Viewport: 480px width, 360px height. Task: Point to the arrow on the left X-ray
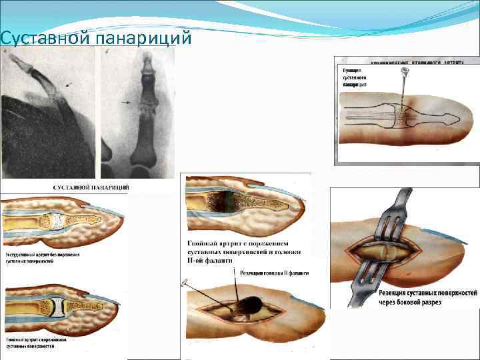tap(69, 85)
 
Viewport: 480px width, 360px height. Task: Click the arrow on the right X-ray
tap(126, 103)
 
